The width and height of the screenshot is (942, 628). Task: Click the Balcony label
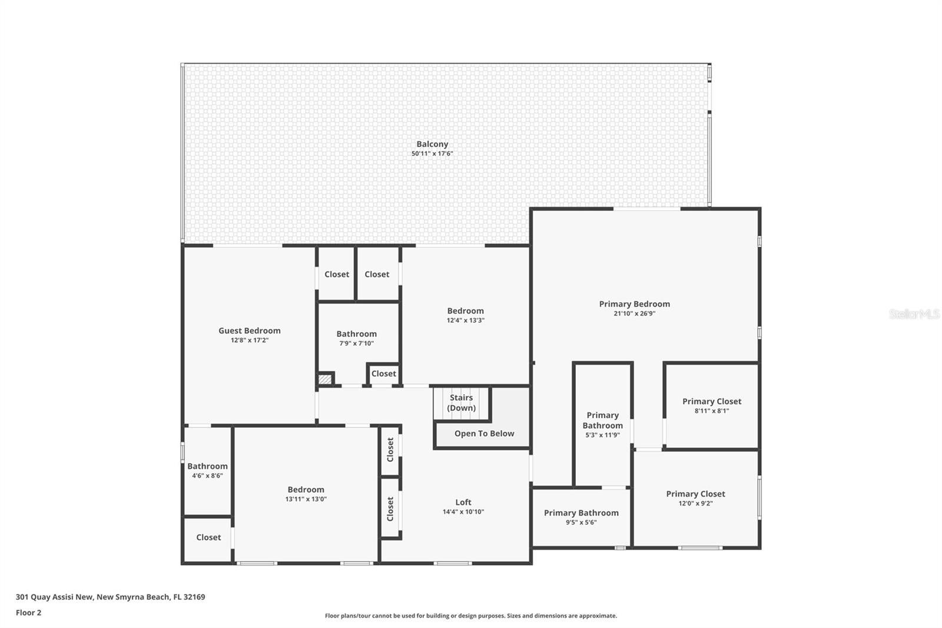pyautogui.click(x=432, y=144)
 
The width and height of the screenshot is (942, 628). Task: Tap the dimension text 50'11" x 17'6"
pyautogui.click(x=432, y=154)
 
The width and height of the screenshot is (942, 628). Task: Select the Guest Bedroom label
pyautogui.click(x=249, y=330)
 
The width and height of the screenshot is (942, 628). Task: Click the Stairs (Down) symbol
pyautogui.click(x=461, y=403)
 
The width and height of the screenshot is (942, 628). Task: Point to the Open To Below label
pyautogui.click(x=484, y=434)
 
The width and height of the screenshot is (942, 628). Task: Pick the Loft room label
pyautogui.click(x=463, y=503)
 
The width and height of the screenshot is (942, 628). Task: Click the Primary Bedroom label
pyautogui.click(x=634, y=304)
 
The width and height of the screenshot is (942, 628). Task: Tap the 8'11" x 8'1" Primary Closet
pyautogui.click(x=711, y=405)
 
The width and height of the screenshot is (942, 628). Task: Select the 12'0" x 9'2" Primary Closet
pyautogui.click(x=695, y=498)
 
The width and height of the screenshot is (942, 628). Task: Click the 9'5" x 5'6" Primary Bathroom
pyautogui.click(x=581, y=517)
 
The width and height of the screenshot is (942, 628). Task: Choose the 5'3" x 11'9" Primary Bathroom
pyautogui.click(x=602, y=424)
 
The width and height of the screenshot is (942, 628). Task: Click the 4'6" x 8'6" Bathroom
pyautogui.click(x=207, y=470)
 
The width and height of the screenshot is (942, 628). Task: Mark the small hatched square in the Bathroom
pyautogui.click(x=325, y=379)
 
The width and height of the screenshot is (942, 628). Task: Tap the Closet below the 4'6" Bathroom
pyautogui.click(x=208, y=537)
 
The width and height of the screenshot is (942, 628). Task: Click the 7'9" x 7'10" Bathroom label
pyautogui.click(x=356, y=334)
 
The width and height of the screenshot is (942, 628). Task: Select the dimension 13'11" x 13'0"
pyautogui.click(x=306, y=499)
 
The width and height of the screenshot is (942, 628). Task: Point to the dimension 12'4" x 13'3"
pyautogui.click(x=465, y=320)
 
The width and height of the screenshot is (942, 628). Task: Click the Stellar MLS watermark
pyautogui.click(x=914, y=314)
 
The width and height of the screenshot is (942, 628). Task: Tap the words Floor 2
pyautogui.click(x=28, y=613)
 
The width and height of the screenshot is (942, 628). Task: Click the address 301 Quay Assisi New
pyautogui.click(x=54, y=597)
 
